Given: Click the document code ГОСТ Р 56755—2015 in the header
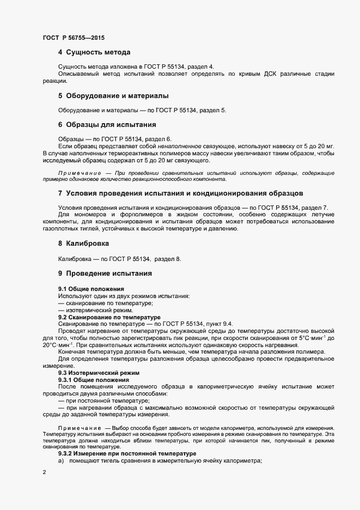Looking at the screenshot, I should (74, 38).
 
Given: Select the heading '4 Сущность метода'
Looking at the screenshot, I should (94, 53).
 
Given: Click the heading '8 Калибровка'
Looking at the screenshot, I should (83, 244).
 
